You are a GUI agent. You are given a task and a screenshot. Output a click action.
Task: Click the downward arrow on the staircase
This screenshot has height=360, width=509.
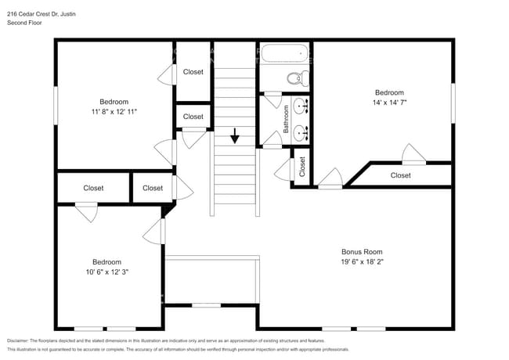tap(234, 136)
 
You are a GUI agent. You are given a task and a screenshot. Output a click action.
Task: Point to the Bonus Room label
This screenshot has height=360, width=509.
tap(362, 252)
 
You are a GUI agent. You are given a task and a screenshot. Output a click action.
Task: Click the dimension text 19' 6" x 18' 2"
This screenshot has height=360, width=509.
tap(362, 262)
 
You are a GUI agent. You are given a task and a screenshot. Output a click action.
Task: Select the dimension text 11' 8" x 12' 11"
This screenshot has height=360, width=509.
tap(114, 112)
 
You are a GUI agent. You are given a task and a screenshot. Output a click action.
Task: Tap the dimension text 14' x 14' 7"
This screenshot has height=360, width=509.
tap(388, 102)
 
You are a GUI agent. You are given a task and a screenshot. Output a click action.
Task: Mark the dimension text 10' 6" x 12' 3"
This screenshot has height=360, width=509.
tap(107, 272)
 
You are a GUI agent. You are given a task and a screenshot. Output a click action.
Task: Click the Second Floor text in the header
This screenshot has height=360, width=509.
tap(25, 23)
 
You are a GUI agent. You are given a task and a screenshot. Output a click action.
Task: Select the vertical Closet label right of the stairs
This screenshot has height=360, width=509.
tap(302, 167)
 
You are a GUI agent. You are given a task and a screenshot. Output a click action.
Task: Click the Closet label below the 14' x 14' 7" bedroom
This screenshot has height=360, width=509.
tap(400, 175)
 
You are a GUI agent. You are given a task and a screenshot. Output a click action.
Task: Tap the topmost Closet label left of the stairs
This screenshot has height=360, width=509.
tap(193, 72)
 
